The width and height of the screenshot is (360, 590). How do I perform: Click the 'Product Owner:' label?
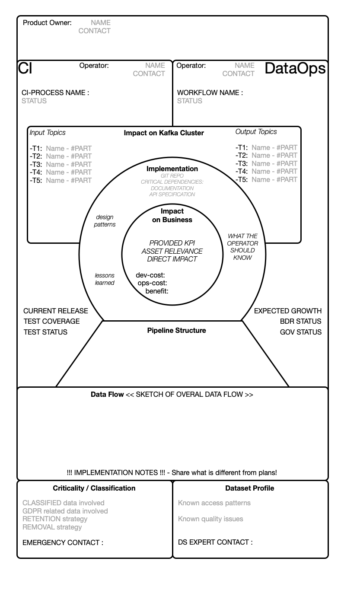click(x=47, y=22)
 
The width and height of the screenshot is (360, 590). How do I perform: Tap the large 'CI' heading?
click(x=25, y=68)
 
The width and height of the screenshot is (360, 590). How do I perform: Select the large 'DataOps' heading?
click(x=295, y=68)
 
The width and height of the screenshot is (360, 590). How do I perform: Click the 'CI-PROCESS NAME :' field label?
click(x=55, y=92)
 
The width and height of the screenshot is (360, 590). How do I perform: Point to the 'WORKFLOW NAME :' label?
click(x=210, y=92)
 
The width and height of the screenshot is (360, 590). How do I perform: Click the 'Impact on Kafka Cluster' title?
click(x=164, y=133)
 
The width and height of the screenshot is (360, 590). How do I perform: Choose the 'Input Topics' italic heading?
click(x=48, y=132)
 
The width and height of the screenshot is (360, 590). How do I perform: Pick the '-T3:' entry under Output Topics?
click(x=242, y=163)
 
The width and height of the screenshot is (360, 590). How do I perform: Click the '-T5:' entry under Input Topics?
click(x=36, y=180)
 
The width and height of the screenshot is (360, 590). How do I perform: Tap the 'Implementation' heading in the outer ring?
click(x=172, y=169)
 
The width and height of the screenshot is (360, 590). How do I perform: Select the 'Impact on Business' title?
click(x=172, y=215)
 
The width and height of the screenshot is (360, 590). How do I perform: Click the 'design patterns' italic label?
click(x=105, y=220)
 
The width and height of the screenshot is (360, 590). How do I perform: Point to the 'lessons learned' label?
click(x=105, y=279)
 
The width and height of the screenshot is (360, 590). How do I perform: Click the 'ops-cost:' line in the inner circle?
click(x=152, y=283)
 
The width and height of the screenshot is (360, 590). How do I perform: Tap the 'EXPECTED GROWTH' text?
click(x=287, y=311)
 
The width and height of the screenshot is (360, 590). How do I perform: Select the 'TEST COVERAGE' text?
click(x=51, y=321)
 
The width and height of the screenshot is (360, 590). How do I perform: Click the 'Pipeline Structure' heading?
click(x=176, y=330)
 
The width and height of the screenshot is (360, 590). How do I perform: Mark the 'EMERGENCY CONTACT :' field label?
click(x=63, y=542)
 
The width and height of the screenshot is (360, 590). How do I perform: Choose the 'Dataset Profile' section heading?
click(x=249, y=488)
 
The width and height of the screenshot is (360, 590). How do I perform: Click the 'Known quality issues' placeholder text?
click(x=210, y=519)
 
